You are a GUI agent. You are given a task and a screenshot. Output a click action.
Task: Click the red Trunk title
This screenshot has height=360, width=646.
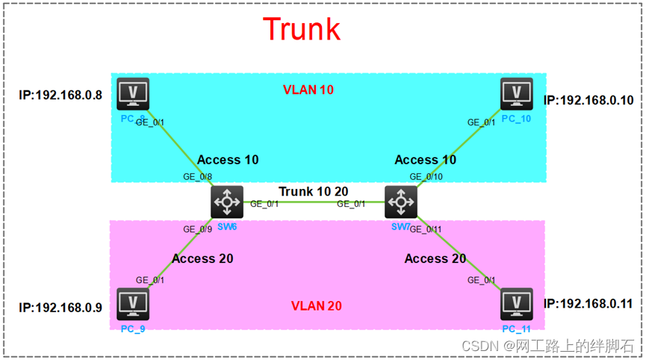point(302,29)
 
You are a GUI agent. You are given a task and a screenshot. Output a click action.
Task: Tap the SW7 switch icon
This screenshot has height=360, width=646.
point(401,201)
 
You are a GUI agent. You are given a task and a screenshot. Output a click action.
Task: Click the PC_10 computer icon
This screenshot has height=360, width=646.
point(516,94)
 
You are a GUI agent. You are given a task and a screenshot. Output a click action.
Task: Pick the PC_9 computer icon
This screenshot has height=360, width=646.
point(133,304)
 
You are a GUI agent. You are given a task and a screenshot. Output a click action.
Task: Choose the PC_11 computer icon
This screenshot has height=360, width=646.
point(516,304)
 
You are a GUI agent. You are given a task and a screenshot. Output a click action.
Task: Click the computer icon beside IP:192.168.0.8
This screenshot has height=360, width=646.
point(133,94)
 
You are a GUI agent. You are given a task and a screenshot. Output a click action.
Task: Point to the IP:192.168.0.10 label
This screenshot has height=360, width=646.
point(588,100)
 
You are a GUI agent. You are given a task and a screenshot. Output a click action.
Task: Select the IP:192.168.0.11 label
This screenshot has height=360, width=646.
point(588,304)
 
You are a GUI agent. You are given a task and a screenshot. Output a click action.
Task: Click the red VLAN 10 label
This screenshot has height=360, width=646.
point(308,90)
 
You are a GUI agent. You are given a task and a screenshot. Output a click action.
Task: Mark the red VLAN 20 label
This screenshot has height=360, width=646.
point(317,305)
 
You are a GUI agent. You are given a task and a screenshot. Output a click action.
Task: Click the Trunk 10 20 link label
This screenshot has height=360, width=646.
point(314,192)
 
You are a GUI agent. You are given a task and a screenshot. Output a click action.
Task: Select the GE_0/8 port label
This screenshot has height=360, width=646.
point(198,177)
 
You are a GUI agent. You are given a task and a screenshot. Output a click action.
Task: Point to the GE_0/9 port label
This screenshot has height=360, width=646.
point(198,229)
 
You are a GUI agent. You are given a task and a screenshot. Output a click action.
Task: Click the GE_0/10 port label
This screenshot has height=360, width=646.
point(426,176)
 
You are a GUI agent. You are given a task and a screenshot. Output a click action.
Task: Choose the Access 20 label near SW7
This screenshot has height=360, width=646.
point(435,258)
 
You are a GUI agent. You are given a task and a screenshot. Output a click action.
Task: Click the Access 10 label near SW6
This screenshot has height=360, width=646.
point(229,160)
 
